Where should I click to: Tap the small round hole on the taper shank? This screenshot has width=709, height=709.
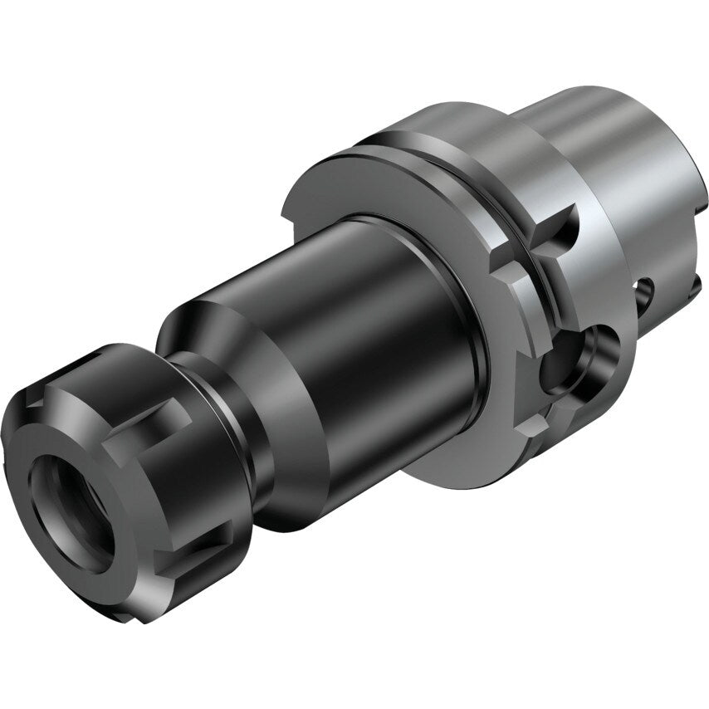pyautogui.click(x=645, y=291)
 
